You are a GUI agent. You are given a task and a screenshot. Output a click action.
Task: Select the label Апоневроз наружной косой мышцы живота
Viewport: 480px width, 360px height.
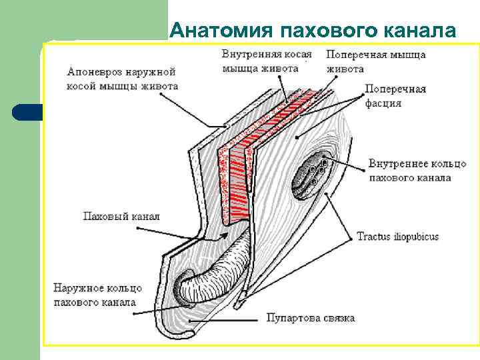pos(122,78)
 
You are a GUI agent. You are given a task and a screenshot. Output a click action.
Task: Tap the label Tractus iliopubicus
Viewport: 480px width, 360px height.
pos(397,237)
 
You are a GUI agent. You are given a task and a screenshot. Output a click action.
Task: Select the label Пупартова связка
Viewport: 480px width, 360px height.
pos(311,317)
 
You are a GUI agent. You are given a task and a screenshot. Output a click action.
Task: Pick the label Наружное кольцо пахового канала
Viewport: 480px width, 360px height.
pos(97,295)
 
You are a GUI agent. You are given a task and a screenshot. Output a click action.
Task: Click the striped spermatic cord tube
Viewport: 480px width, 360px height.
pos(213,267)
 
